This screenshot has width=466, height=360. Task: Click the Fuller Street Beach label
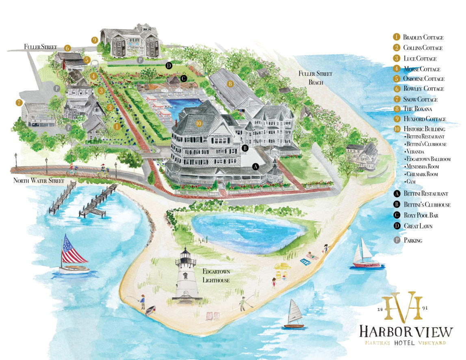321,78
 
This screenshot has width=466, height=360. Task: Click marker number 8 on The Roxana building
230,84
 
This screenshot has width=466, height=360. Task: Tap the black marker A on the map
256,166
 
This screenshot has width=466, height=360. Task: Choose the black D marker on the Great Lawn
169,65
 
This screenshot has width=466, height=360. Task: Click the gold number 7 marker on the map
19,103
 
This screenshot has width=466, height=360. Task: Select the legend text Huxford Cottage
424,119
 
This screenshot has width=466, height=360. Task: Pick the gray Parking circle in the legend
397,240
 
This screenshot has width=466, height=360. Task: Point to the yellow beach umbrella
281,267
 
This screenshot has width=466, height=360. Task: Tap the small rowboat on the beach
151,311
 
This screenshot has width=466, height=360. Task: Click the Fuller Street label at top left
40,47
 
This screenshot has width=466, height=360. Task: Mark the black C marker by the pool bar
184,78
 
